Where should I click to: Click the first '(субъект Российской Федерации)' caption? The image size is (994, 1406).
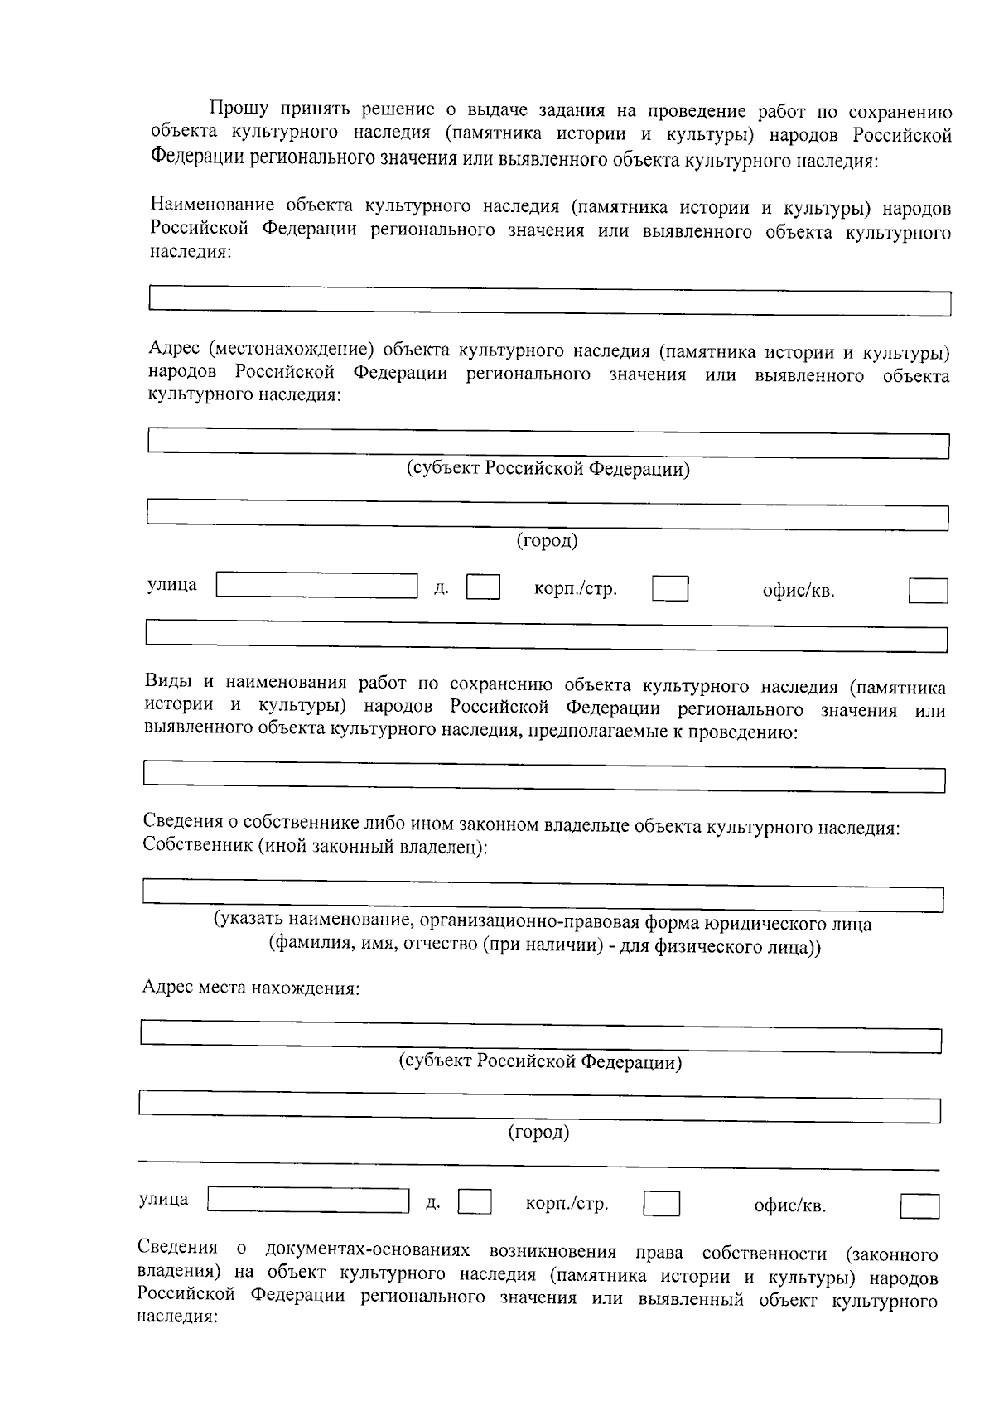[548, 469]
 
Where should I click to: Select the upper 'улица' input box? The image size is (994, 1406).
[316, 586]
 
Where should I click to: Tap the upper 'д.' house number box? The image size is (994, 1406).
[483, 587]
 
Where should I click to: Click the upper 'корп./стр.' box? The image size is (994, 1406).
[669, 589]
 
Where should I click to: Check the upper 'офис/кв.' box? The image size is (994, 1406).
[928, 591]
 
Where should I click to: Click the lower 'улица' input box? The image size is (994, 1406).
[308, 1200]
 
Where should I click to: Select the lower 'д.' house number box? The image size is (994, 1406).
[475, 1201]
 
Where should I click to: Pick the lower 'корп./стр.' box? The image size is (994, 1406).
[661, 1203]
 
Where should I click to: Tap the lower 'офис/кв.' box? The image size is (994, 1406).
[919, 1205]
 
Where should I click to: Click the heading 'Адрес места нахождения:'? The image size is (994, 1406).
[251, 988]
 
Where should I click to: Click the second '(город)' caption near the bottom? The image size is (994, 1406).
[538, 1132]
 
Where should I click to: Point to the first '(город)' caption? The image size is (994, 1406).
[548, 540]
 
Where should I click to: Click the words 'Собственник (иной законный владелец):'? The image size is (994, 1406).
[315, 847]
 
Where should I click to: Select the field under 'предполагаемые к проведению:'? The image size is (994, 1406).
[544, 776]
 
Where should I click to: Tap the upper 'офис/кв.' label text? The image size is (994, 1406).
[798, 591]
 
